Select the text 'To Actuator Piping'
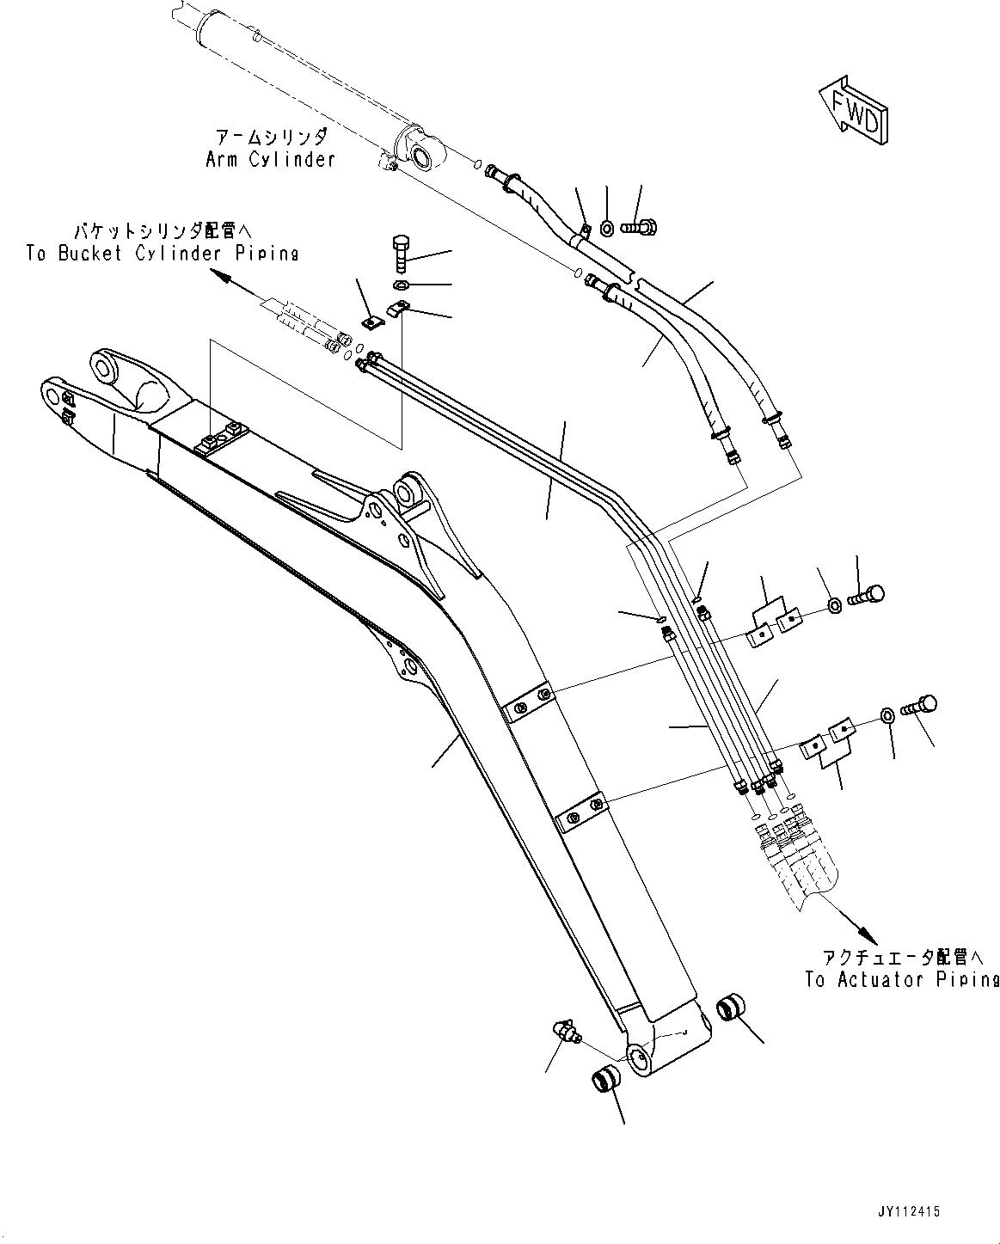901,979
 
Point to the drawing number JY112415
911,1211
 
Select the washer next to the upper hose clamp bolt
607,228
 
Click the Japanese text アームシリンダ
269,138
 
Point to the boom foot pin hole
638,1060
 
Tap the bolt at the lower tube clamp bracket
919,708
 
